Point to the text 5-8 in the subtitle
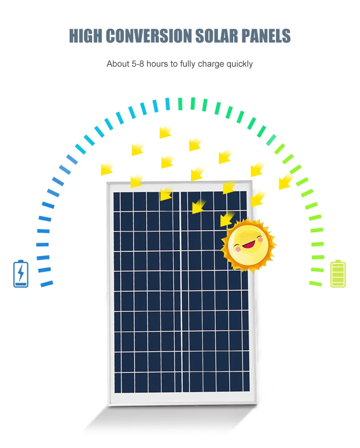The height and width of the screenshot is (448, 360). [x=137, y=64]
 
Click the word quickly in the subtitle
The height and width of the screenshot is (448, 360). [x=239, y=64]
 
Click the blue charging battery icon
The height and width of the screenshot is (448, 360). [x=21, y=273]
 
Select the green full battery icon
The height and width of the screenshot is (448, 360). [x=338, y=274]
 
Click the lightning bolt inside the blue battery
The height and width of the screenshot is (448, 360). [x=21, y=273]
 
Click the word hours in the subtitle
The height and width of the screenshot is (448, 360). [x=157, y=64]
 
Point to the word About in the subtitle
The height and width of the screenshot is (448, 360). [x=118, y=64]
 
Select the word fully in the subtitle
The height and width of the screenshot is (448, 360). [x=188, y=64]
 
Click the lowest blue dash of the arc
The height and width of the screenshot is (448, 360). [x=47, y=284]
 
